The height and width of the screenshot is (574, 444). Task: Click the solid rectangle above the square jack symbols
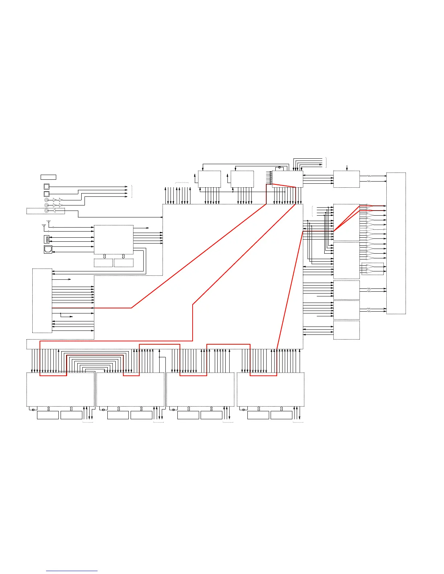pos(48,177)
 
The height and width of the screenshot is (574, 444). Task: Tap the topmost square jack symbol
pos(46,187)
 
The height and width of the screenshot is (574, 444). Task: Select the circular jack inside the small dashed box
pos(46,211)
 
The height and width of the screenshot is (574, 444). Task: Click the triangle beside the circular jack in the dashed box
pos(54,211)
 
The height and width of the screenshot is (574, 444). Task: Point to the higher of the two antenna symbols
pos(49,221)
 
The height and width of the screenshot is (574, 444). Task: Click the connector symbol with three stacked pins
pos(46,239)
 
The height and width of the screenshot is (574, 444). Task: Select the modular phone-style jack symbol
pos(48,249)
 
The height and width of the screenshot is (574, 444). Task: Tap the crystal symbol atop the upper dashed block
pos(280,167)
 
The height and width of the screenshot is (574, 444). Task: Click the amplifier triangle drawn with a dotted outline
pos(369,229)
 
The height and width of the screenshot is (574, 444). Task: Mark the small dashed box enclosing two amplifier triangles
pos(373,269)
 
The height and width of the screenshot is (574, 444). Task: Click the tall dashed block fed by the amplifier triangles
pos(396,243)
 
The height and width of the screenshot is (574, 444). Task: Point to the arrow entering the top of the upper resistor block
pos(347,168)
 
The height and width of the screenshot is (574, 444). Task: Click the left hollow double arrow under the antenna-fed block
pos(104,256)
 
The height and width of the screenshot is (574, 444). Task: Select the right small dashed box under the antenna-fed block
pos(124,263)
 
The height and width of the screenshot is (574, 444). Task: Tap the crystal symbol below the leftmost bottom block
pos(33,410)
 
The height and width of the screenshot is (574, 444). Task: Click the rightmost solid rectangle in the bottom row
pos(281,415)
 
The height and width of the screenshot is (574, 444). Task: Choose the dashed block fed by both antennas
pos(114,240)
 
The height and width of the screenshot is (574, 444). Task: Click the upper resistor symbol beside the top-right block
pos(369,176)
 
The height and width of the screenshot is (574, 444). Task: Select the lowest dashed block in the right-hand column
pos(346,330)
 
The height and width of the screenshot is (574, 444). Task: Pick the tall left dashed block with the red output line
pos(42,300)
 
